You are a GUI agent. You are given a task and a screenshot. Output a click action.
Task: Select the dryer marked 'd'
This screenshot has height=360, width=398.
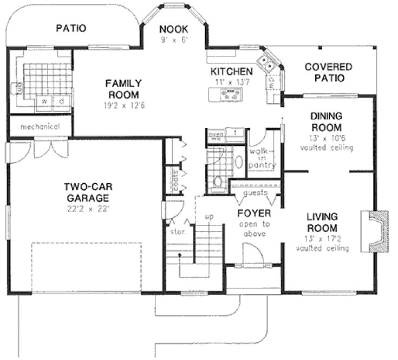(62, 101)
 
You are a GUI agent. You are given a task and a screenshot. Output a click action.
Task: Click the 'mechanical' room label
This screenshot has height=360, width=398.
(40, 127)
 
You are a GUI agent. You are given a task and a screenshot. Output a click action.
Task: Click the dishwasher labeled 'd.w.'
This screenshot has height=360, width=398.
(271, 82)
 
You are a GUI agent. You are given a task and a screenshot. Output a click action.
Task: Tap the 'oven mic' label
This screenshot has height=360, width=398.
(216, 136)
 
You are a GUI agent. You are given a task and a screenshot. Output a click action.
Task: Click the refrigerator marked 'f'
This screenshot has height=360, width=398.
(235, 132)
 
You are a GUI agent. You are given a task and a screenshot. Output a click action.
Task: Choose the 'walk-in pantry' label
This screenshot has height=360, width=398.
(262, 157)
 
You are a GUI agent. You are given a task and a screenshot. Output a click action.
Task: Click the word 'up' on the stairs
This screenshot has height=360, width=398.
(210, 216)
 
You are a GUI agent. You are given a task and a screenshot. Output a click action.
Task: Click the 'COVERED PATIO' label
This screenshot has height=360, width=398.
(328, 72)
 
